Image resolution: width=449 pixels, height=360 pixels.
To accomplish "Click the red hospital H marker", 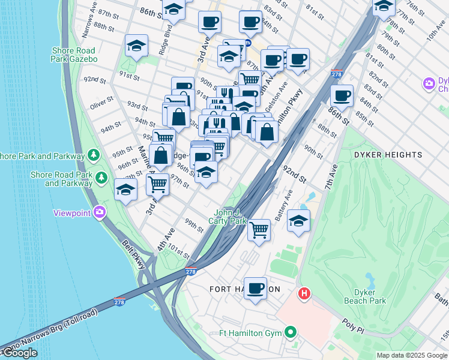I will [305, 293].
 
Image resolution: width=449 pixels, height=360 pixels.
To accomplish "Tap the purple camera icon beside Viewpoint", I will [100, 212].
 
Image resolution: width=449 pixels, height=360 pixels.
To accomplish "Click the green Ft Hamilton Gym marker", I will [291, 332].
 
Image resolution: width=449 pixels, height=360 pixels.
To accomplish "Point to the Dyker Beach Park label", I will [364, 296].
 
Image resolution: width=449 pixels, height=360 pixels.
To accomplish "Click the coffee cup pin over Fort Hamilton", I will [256, 289].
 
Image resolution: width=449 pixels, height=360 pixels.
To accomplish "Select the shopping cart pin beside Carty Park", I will [259, 229].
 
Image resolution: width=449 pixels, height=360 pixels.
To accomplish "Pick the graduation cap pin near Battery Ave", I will [298, 220].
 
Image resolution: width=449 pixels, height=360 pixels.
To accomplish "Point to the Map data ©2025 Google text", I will [412, 355].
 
